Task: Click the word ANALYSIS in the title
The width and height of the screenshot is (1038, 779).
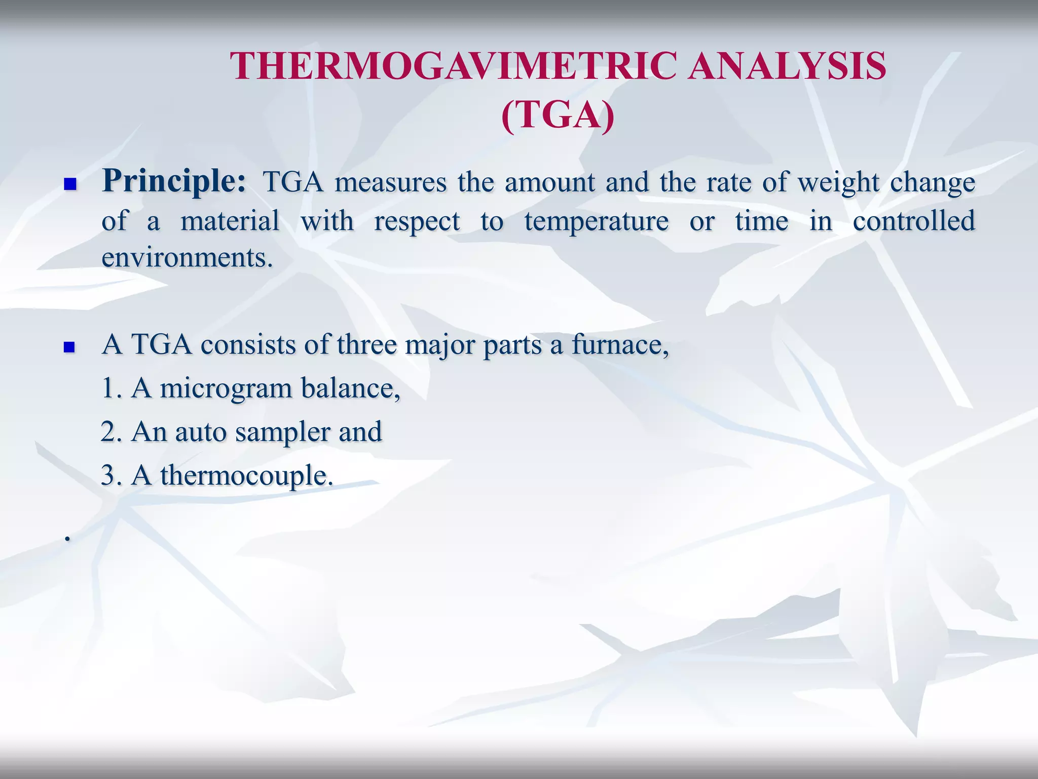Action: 787,66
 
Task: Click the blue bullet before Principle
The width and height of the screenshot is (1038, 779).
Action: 70,184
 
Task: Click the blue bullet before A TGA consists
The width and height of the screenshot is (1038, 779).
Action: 70,347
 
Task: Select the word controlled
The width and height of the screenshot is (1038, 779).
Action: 914,221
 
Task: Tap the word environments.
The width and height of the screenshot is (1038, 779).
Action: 187,258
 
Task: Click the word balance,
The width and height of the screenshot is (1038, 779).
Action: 351,388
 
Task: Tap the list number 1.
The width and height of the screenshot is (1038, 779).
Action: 109,389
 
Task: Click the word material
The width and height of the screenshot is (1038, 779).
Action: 230,221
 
